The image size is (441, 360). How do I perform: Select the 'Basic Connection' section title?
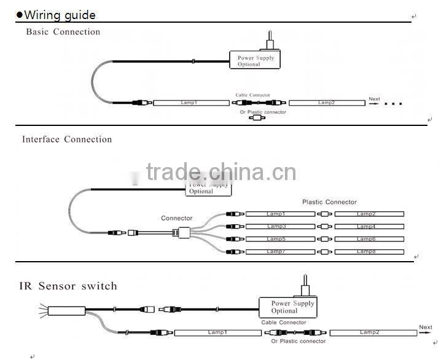click(63, 32)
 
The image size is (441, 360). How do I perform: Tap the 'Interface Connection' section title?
click(67, 139)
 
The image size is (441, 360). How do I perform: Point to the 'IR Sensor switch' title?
click(68, 286)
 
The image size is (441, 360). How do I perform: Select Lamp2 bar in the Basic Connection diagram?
click(326, 103)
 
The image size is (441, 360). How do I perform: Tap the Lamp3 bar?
click(280, 226)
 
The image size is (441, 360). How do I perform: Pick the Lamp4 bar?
click(369, 226)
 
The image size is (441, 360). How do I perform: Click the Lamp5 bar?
click(280, 238)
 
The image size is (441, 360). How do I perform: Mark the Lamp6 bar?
click(369, 238)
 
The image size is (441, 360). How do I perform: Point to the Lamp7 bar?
click(280, 251)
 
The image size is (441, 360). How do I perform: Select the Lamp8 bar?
click(369, 251)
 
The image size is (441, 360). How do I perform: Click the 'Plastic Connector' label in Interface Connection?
click(329, 202)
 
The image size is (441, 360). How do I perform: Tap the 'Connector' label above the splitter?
click(177, 218)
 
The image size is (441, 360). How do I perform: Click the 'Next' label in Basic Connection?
click(375, 99)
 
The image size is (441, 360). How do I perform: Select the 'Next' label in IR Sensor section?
click(425, 327)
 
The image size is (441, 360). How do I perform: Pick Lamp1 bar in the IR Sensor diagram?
click(217, 332)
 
